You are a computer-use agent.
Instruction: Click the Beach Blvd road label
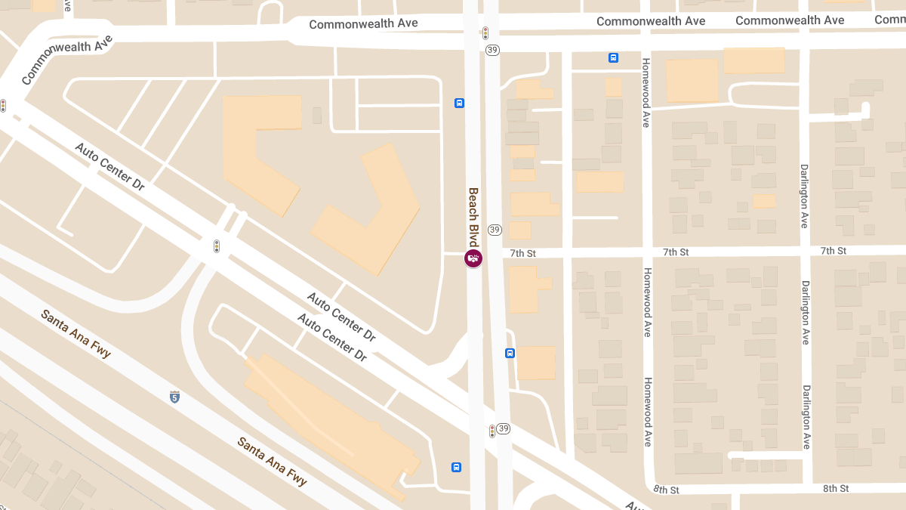pos(473,218)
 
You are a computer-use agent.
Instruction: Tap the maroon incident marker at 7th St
pos(473,259)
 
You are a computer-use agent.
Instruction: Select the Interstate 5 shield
pos(175,397)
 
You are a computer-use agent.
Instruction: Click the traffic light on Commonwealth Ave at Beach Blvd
pos(485,33)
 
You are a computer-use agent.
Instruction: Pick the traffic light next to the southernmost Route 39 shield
pos(492,431)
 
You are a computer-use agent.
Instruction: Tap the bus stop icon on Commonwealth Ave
pos(614,57)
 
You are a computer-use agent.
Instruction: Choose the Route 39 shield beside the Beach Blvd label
pos(495,230)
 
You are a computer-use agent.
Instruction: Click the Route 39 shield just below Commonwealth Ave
pos(493,50)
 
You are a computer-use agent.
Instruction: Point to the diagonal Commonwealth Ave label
pos(66,59)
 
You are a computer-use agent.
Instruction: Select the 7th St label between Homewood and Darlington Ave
pos(676,252)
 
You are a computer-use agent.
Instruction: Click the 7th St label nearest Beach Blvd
pos(522,253)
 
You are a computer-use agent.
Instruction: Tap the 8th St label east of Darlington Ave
pos(836,489)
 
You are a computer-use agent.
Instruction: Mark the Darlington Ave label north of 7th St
pos(805,187)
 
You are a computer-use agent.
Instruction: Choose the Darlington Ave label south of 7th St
pos(806,313)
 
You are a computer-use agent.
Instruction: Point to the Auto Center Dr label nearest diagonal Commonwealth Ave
pos(109,165)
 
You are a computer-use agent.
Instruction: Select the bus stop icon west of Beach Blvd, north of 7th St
pos(459,103)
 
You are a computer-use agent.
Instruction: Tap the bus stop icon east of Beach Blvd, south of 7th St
pos(510,353)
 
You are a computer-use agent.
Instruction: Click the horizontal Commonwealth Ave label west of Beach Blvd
pos(363,24)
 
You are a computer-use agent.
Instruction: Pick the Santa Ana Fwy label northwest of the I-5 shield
pos(75,334)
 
